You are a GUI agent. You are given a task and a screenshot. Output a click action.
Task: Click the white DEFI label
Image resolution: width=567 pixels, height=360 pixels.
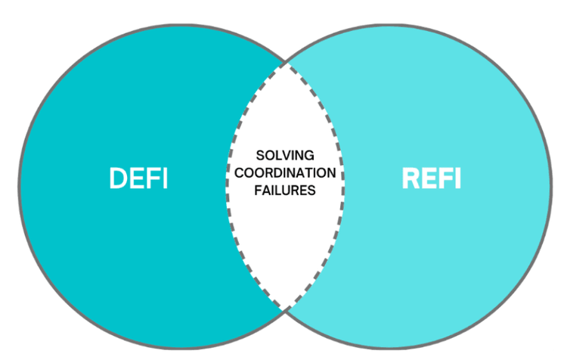pyautogui.click(x=138, y=178)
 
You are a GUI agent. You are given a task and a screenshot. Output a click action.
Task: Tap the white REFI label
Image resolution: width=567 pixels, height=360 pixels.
pyautogui.click(x=430, y=178)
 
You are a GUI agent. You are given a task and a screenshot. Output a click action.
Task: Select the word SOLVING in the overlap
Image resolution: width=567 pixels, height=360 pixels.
pyautogui.click(x=285, y=155)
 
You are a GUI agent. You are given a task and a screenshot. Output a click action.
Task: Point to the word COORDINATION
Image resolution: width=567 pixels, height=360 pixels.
pyautogui.click(x=285, y=173)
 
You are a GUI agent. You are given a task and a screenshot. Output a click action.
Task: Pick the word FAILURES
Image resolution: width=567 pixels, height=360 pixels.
pyautogui.click(x=285, y=191)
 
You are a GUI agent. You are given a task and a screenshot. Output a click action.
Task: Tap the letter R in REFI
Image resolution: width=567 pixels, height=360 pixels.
pyautogui.click(x=408, y=178)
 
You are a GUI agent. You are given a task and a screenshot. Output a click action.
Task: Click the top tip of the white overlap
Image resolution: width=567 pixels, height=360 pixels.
pyautogui.click(x=285, y=63)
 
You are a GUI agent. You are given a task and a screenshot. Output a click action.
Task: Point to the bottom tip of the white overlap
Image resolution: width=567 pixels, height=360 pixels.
pyautogui.click(x=285, y=309)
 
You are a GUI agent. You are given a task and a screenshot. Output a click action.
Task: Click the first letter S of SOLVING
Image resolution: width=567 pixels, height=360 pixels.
pyautogui.click(x=260, y=155)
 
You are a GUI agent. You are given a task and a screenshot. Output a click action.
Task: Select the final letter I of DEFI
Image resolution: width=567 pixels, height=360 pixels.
pyautogui.click(x=164, y=178)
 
